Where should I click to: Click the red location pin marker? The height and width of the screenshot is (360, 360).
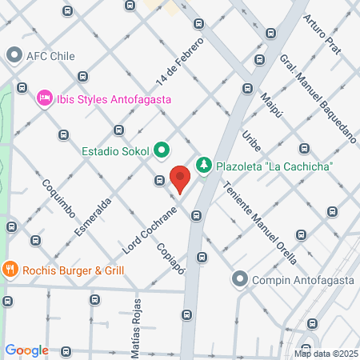(180, 178)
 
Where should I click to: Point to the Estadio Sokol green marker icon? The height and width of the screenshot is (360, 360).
(162, 149)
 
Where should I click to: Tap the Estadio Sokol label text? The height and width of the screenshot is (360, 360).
(115, 150)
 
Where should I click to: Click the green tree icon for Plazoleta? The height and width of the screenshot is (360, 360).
(204, 165)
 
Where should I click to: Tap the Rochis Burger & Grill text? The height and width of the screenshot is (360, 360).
(73, 270)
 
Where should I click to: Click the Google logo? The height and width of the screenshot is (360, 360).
(26, 350)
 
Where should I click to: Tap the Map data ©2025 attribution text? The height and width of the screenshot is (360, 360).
(325, 354)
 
